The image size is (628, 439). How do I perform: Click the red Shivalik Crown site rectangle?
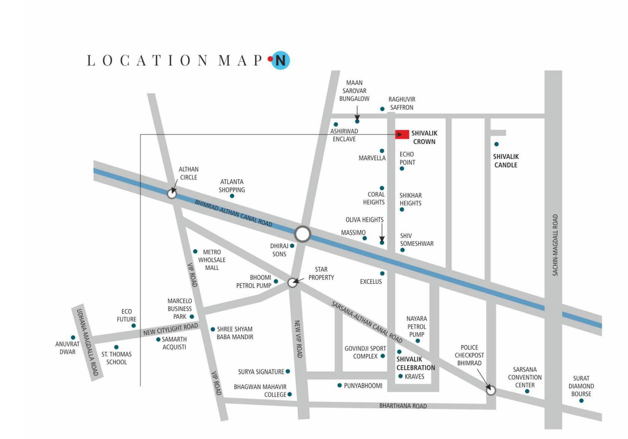point(402,134)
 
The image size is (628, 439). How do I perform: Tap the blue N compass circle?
point(280,60)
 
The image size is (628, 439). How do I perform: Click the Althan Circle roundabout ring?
point(172,194)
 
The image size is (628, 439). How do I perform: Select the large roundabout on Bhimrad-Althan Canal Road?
point(302,234)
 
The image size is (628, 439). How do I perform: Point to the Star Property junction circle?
point(292,283)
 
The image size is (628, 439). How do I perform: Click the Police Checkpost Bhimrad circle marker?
point(491,390)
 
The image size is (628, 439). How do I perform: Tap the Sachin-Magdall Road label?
point(555,245)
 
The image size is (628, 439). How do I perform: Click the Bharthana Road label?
point(403,406)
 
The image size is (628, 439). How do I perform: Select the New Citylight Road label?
point(170,329)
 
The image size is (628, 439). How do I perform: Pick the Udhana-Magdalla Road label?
point(87,342)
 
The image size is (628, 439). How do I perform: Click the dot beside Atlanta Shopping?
point(232,196)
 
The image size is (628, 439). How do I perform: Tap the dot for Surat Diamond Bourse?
point(581,401)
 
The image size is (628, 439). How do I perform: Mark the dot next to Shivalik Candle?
point(496,144)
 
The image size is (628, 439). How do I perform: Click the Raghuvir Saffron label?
point(401,103)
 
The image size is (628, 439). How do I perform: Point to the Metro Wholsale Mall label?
point(212,260)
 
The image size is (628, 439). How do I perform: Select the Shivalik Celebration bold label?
point(415,363)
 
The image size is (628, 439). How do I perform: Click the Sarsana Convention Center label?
point(525,377)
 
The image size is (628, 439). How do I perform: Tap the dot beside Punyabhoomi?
point(339,385)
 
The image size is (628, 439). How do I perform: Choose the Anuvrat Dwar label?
point(67,348)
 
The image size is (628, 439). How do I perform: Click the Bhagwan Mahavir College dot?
point(289,394)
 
